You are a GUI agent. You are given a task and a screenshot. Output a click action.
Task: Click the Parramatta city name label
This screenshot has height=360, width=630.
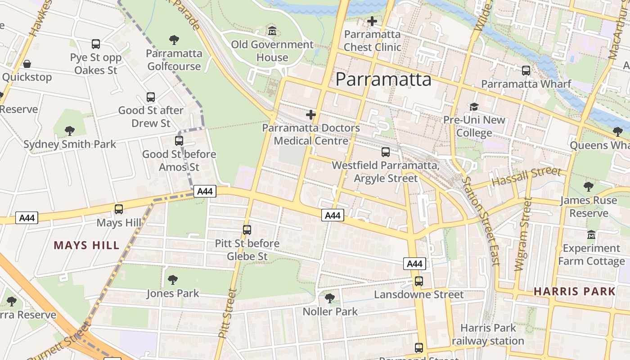click(x=383, y=80)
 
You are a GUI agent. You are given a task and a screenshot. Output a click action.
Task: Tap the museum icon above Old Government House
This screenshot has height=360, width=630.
click(x=272, y=31)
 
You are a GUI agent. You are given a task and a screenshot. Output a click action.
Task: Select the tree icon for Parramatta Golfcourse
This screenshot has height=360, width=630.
click(x=174, y=40)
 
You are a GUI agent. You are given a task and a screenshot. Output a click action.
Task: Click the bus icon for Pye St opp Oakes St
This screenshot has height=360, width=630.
click(x=96, y=44)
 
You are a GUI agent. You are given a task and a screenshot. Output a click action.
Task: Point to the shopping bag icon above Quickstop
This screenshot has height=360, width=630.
click(x=27, y=64)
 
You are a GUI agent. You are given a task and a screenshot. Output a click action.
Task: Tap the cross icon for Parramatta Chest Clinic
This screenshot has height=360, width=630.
click(x=372, y=21)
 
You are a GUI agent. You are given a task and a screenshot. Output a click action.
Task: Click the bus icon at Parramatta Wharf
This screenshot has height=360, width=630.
click(x=526, y=71)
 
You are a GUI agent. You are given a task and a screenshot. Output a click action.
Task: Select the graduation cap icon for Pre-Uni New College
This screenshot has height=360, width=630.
click(x=474, y=107)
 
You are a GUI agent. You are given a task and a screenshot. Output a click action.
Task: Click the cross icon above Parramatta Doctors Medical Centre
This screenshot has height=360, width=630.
click(x=310, y=115)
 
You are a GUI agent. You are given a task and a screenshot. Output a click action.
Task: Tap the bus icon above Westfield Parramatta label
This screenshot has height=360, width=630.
click(x=386, y=152)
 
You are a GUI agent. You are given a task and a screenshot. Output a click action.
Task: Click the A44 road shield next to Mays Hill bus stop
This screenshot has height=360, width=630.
click(x=27, y=218)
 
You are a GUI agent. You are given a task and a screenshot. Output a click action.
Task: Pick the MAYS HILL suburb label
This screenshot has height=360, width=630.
click(x=87, y=245)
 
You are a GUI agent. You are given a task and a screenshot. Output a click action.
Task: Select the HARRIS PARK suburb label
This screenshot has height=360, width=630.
click(x=574, y=291)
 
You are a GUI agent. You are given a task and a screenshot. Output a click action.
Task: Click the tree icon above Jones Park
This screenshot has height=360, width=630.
click(x=172, y=280)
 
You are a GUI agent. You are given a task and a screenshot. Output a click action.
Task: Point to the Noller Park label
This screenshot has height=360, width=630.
click(x=330, y=311)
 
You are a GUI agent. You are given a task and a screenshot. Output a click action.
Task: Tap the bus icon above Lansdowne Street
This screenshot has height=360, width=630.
click(x=419, y=281)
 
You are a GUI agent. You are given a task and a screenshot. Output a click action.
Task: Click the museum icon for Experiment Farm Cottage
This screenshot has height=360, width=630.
click(x=591, y=235)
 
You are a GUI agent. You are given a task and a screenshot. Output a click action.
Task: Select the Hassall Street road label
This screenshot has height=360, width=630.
click(x=526, y=177)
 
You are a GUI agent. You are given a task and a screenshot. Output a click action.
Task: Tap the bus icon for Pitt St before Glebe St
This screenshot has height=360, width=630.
click(x=247, y=230)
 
